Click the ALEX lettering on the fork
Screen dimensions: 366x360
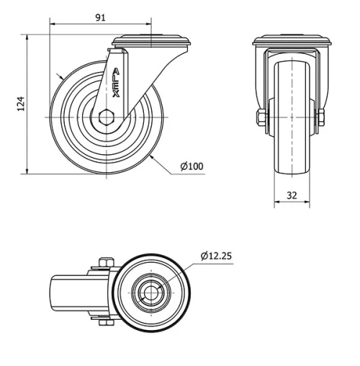[x=117, y=82]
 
